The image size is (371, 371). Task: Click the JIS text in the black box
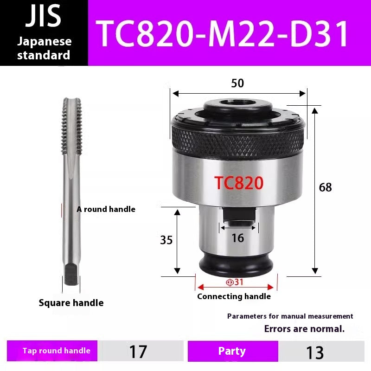pyautogui.click(x=44, y=17)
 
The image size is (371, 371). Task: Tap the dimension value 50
pyautogui.click(x=237, y=83)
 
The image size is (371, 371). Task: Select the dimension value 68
pyautogui.click(x=326, y=187)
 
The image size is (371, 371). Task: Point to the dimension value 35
pyautogui.click(x=166, y=240)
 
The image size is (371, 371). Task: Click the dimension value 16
pyautogui.click(x=237, y=238)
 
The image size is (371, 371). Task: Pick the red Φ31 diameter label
pyautogui.click(x=235, y=282)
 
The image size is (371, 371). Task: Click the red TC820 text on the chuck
pyautogui.click(x=239, y=183)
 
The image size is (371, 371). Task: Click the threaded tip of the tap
pyautogui.click(x=71, y=125)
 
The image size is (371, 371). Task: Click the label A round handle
pyautogui.click(x=106, y=209)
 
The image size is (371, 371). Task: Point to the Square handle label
pyautogui.click(x=71, y=303)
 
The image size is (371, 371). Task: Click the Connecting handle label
pyautogui.click(x=234, y=296)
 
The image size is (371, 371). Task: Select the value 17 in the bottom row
pyautogui.click(x=138, y=352)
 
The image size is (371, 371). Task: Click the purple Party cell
pyautogui.click(x=232, y=351)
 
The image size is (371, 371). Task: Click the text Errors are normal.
pyautogui.click(x=304, y=329)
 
